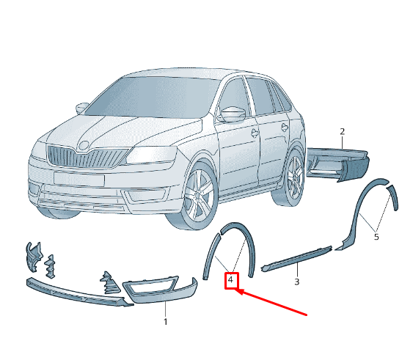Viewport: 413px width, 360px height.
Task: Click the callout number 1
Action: click(165, 322)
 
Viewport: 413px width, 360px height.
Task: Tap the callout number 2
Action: click(342, 131)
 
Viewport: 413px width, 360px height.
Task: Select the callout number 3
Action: click(297, 282)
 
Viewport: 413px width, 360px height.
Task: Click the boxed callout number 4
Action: click(231, 279)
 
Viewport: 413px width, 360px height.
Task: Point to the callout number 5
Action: click(376, 237)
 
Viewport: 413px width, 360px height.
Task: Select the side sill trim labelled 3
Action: click(296, 258)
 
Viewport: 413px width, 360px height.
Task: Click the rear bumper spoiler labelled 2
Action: click(338, 164)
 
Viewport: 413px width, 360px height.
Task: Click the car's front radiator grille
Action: click(87, 157)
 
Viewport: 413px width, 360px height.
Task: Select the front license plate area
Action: click(79, 179)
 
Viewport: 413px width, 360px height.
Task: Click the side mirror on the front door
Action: click(233, 114)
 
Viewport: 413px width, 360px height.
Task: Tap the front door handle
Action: click(255, 133)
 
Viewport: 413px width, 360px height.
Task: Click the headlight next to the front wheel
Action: click(152, 155)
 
